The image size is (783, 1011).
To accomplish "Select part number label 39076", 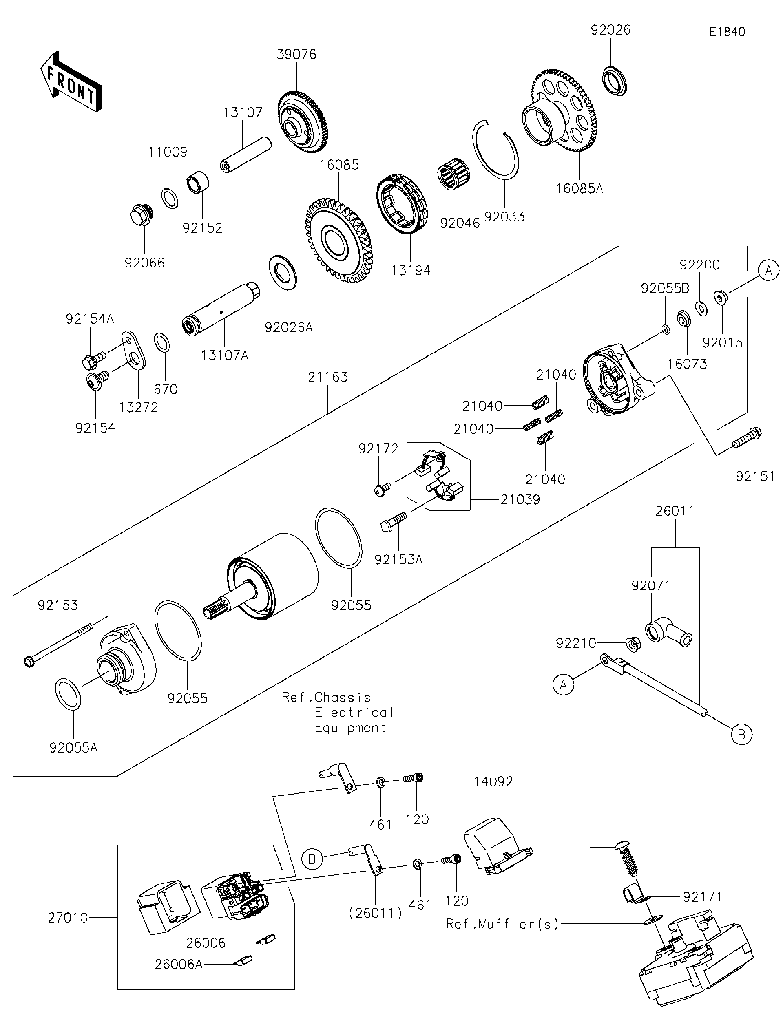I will (x=296, y=55).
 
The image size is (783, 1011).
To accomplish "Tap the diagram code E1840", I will (x=727, y=32).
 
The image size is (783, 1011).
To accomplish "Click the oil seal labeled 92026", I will (x=614, y=82).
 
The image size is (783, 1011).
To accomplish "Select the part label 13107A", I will (x=225, y=355).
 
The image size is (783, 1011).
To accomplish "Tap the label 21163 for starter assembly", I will (x=328, y=377).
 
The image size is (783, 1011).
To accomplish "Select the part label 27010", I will (x=68, y=918).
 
